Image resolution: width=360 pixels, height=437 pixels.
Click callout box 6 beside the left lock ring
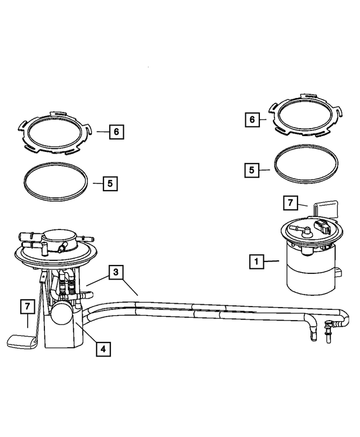pyautogui.click(x=116, y=132)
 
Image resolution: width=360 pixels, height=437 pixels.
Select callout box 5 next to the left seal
pyautogui.click(x=110, y=183)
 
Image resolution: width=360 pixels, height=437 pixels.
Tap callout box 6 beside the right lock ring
pyautogui.click(x=252, y=120)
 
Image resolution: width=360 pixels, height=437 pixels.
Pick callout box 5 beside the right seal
pyautogui.click(x=252, y=169)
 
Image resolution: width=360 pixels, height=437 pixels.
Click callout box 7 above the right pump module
pyautogui.click(x=289, y=202)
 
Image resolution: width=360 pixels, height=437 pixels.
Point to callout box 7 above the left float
pyautogui.click(x=27, y=307)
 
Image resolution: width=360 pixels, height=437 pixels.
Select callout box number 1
pyautogui.click(x=256, y=261)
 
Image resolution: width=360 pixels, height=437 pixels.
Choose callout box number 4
pyautogui.click(x=102, y=349)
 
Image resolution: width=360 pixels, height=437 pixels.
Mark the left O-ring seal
pyautogui.click(x=56, y=183)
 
